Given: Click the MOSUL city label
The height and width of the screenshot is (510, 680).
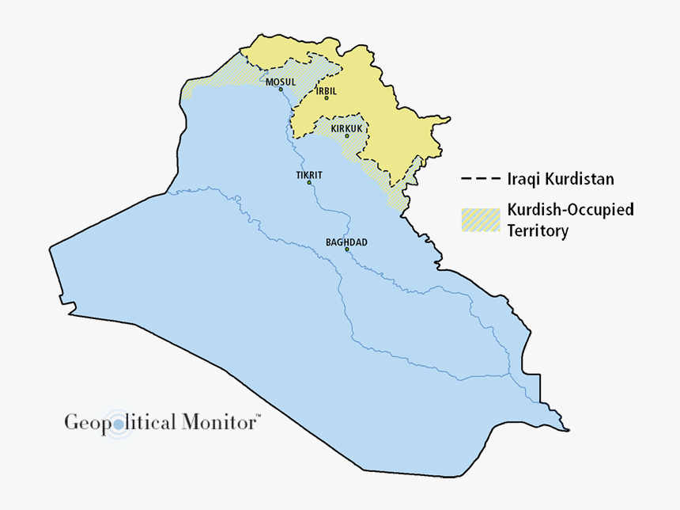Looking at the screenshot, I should pyautogui.click(x=281, y=82).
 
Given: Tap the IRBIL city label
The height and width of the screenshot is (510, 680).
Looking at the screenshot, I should pyautogui.click(x=327, y=91).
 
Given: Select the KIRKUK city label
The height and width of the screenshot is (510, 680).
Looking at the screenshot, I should pyautogui.click(x=346, y=127).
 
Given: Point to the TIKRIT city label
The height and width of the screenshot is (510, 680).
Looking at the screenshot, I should pyautogui.click(x=310, y=174).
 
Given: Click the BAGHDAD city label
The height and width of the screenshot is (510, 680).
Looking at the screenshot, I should pyautogui.click(x=346, y=242).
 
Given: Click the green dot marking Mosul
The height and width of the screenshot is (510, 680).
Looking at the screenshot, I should pyautogui.click(x=281, y=89).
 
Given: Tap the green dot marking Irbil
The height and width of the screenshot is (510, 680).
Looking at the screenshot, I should pyautogui.click(x=327, y=98).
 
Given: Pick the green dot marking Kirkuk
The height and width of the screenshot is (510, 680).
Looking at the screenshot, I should pyautogui.click(x=346, y=135).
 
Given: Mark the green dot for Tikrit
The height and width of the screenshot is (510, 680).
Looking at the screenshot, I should pyautogui.click(x=310, y=183).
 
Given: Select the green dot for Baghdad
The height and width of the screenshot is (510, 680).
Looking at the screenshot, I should pyautogui.click(x=346, y=249).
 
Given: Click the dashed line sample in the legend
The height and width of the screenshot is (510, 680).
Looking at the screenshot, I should pyautogui.click(x=481, y=179).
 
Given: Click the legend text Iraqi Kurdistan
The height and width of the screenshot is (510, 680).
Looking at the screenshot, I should pyautogui.click(x=560, y=179).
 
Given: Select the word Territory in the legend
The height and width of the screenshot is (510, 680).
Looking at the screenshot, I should pyautogui.click(x=538, y=231).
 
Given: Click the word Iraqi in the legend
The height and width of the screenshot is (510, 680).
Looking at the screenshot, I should pyautogui.click(x=523, y=179).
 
